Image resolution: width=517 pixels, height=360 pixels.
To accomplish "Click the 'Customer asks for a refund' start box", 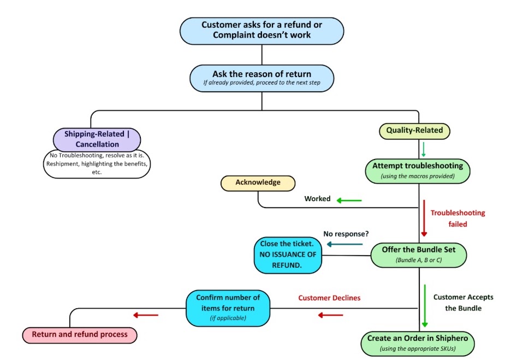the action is pyautogui.click(x=262, y=31).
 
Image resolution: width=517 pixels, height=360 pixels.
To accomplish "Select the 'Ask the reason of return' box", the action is pyautogui.click(x=262, y=78).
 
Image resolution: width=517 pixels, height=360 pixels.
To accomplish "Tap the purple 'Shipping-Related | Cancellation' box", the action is pyautogui.click(x=97, y=139).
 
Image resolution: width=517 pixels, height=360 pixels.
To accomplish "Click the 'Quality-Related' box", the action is pyautogui.click(x=414, y=131).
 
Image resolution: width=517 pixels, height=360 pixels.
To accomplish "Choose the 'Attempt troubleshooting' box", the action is pyautogui.click(x=418, y=171).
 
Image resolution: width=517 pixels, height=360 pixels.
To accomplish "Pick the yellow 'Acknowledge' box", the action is pyautogui.click(x=258, y=183).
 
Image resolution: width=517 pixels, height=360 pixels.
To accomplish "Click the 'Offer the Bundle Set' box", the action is pyautogui.click(x=418, y=255).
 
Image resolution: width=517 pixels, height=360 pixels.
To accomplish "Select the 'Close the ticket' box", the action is pyautogui.click(x=288, y=255).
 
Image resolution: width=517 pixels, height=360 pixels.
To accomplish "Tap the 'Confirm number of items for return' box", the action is pyautogui.click(x=228, y=308).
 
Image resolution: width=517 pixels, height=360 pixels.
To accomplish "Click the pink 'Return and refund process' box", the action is pyautogui.click(x=80, y=335).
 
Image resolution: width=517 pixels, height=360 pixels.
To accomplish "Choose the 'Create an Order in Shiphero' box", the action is pyautogui.click(x=418, y=344).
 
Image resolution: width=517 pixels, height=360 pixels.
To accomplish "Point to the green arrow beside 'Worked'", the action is pyautogui.click(x=349, y=200).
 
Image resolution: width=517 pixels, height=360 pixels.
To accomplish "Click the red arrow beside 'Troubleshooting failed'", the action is pyautogui.click(x=424, y=218).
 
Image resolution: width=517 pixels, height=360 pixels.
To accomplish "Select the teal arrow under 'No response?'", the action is pyautogui.click(x=344, y=244).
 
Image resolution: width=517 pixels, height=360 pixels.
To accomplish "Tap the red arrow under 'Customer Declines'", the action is pyautogui.click(x=330, y=315).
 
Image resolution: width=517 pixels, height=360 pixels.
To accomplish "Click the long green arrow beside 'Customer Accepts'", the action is pyautogui.click(x=425, y=306).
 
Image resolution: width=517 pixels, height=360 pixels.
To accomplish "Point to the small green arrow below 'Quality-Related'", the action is pyautogui.click(x=423, y=150).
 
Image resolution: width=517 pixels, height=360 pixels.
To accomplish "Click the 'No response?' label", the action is pyautogui.click(x=346, y=234).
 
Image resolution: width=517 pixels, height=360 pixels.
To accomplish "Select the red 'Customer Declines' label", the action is pyautogui.click(x=329, y=298).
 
